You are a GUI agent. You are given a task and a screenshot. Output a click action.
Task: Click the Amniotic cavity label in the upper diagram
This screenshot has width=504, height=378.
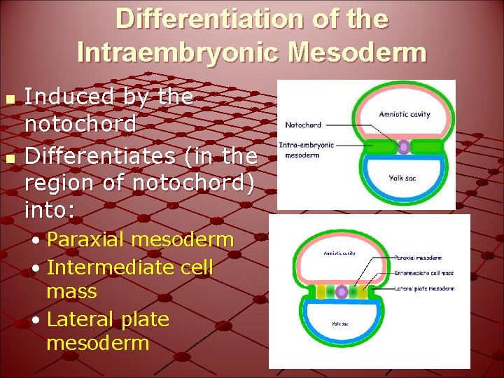pos(404,114)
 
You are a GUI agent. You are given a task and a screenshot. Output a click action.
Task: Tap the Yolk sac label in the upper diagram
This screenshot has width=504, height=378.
pos(402,178)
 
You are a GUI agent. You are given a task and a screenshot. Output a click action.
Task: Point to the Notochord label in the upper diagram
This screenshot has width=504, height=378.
pos(303,125)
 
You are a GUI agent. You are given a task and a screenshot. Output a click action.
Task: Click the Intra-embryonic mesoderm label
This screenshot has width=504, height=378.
pos(307,150)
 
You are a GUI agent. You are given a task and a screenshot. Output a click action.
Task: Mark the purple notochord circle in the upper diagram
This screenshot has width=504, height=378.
pos(404,147)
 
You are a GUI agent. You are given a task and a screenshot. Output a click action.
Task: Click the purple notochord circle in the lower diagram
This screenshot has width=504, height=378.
pos(342,292)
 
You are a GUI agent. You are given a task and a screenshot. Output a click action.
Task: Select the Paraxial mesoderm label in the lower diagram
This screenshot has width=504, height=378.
pos(418,258)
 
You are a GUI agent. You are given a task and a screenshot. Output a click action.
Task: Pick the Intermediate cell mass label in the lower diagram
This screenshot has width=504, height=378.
pos(423,273)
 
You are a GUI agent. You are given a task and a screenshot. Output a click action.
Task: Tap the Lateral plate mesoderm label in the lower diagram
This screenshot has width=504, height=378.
pos(424,288)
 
